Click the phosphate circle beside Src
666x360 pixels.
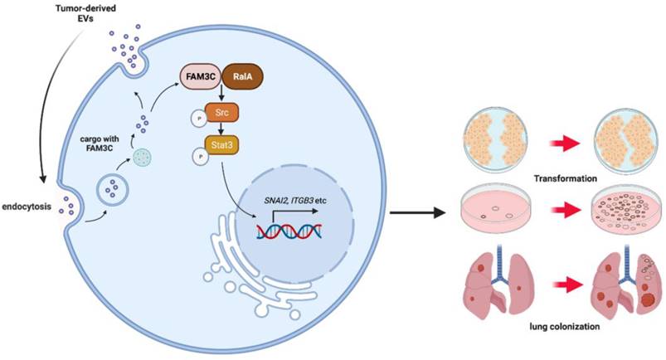point(200,119)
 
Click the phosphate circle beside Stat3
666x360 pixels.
point(200,158)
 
